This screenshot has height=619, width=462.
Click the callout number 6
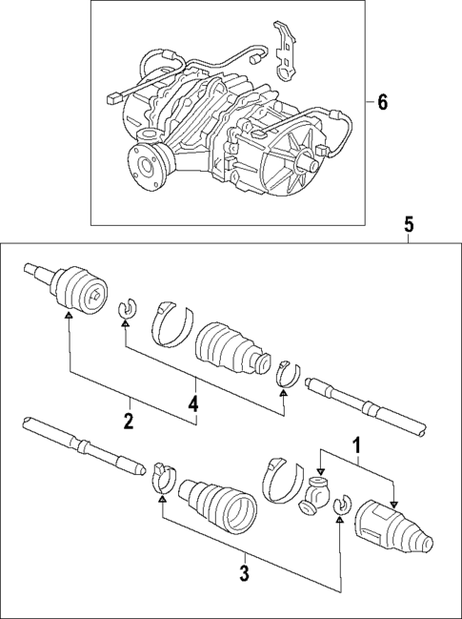point(383,103)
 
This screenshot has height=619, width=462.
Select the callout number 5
point(408,225)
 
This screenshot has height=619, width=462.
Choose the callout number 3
point(245,573)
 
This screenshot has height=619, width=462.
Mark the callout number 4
point(193,404)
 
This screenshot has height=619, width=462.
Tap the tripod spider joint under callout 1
point(316,500)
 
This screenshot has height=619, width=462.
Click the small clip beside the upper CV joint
point(123,308)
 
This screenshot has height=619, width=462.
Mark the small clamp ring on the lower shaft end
point(163,474)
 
